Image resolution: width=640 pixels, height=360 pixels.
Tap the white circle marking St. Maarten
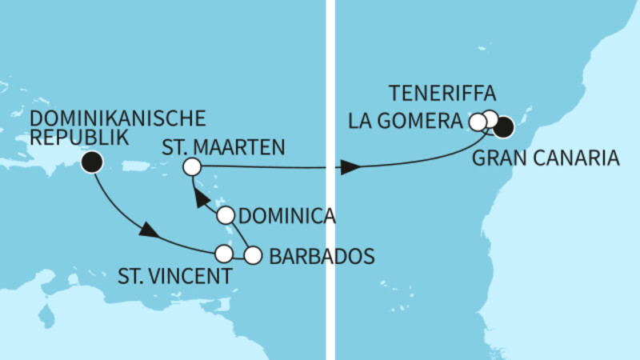coord(191,166)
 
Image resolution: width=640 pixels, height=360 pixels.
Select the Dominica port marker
coord(226,215)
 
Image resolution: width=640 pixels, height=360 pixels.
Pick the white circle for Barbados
coord(253,255)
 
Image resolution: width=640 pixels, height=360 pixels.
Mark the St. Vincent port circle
coord(225,254)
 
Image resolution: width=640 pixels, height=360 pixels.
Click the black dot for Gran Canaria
coord(504,126)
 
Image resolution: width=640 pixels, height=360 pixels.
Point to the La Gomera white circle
coord(478,122)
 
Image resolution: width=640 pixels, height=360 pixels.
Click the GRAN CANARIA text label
coord(546,158)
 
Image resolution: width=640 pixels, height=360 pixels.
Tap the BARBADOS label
coord(322,257)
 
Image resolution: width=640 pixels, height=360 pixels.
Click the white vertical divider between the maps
coord(330,180)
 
